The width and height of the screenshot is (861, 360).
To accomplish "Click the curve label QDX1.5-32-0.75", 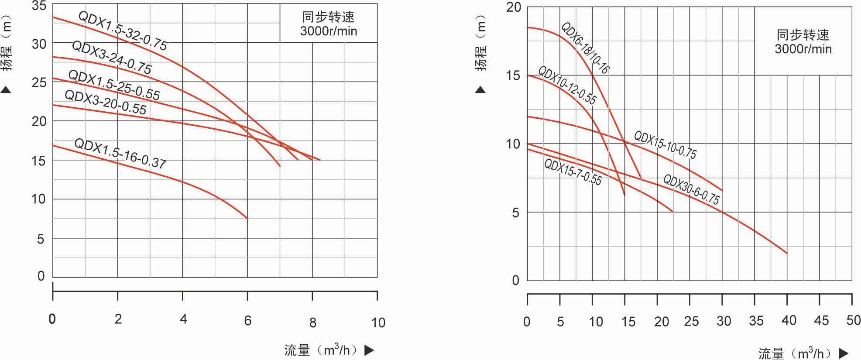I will tap(123, 31).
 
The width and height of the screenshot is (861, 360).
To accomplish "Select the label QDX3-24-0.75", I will tap(112, 58).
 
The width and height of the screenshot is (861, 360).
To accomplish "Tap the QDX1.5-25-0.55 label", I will tap(114, 85).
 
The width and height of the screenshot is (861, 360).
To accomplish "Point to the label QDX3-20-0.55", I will tap(106, 102).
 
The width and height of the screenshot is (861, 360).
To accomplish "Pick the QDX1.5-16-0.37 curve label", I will tap(120, 154).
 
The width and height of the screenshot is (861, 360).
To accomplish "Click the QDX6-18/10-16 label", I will tap(585, 48).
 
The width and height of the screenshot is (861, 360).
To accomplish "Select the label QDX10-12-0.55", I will tap(567, 86).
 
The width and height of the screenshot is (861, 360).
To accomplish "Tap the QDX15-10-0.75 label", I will tap(665, 145).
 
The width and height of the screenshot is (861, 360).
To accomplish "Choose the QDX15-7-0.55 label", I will tap(573, 172).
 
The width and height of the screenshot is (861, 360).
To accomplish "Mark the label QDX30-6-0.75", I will tap(691, 189).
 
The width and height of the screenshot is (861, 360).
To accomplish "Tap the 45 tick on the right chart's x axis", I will tap(821, 321).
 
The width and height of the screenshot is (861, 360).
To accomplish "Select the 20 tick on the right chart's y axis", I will tap(514, 7).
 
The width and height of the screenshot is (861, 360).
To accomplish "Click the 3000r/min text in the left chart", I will tap(329, 31).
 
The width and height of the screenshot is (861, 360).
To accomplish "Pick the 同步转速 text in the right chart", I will tap(803, 34).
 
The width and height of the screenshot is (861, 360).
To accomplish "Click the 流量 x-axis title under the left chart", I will tap(297, 350).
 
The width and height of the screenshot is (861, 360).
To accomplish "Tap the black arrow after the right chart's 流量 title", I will tap(844, 353).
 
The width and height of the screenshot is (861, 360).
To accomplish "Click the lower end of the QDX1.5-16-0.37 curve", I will tap(247, 218).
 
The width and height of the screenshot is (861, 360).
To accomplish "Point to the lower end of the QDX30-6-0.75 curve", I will tap(786, 253).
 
